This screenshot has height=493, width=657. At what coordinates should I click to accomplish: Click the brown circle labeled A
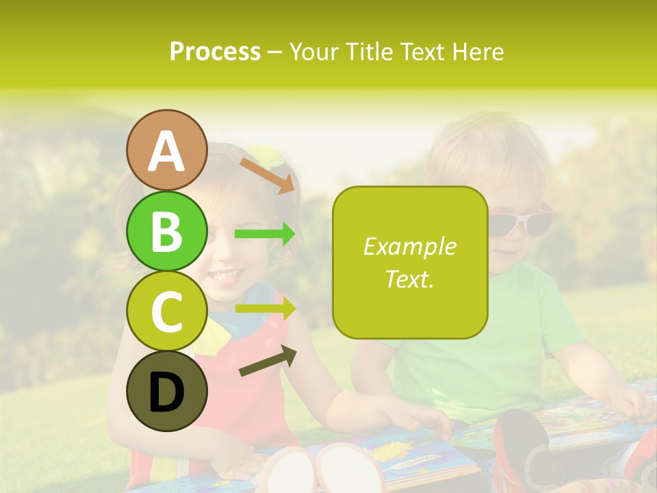pos(167,151)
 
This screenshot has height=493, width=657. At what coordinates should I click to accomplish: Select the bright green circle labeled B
pos(167,231)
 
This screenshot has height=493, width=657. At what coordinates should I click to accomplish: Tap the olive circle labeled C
pos(167,312)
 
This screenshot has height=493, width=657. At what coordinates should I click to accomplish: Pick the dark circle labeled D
pos(167,392)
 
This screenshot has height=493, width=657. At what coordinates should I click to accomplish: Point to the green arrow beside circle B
pos(265,234)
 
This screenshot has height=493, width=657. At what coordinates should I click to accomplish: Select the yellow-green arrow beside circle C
pos(265,309)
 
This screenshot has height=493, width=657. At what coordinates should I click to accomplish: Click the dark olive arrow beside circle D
pos(268,362)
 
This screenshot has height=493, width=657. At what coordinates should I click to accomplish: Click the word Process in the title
pos(215,51)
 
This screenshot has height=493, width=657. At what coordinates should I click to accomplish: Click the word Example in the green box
pos(409,246)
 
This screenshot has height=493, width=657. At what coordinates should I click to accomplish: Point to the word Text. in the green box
pos(409,279)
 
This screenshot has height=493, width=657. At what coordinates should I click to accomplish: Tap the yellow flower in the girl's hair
pos(266,156)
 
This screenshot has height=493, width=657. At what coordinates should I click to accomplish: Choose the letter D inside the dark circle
pos(167,393)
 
